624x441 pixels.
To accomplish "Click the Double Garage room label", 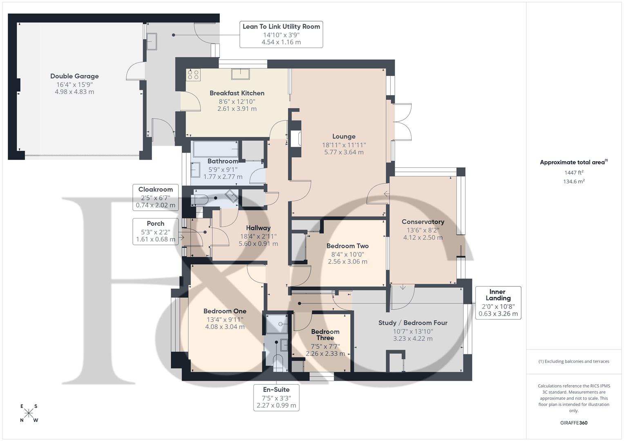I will pyautogui.click(x=74, y=76).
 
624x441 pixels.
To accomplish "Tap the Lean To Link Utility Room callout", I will pyautogui.click(x=281, y=34).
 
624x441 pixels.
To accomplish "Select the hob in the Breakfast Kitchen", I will pyautogui.click(x=193, y=74).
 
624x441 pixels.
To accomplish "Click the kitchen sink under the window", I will pyautogui.click(x=241, y=74).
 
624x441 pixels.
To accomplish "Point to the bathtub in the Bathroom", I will pyautogui.click(x=215, y=149).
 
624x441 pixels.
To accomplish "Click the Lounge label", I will pyautogui.click(x=344, y=137).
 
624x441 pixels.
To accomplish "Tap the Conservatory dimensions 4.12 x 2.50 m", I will pyautogui.click(x=423, y=238).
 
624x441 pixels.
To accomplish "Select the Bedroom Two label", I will pyautogui.click(x=347, y=246).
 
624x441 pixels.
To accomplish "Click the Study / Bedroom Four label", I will pyautogui.click(x=413, y=323).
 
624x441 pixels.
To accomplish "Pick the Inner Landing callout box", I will pyautogui.click(x=498, y=303).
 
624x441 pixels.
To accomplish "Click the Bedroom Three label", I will pyautogui.click(x=325, y=335).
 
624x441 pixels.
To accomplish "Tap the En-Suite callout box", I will pyautogui.click(x=276, y=397).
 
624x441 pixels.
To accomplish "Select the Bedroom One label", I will pyautogui.click(x=225, y=312).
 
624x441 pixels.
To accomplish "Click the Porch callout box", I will pyautogui.click(x=155, y=232).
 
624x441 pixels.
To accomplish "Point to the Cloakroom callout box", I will pyautogui.click(x=155, y=198).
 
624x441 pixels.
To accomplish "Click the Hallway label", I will pyautogui.click(x=258, y=228).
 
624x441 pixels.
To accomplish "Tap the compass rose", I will pyautogui.click(x=29, y=413).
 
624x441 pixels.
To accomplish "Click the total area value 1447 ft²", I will pyautogui.click(x=574, y=173).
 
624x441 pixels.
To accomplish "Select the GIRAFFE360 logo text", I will pyautogui.click(x=574, y=423).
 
